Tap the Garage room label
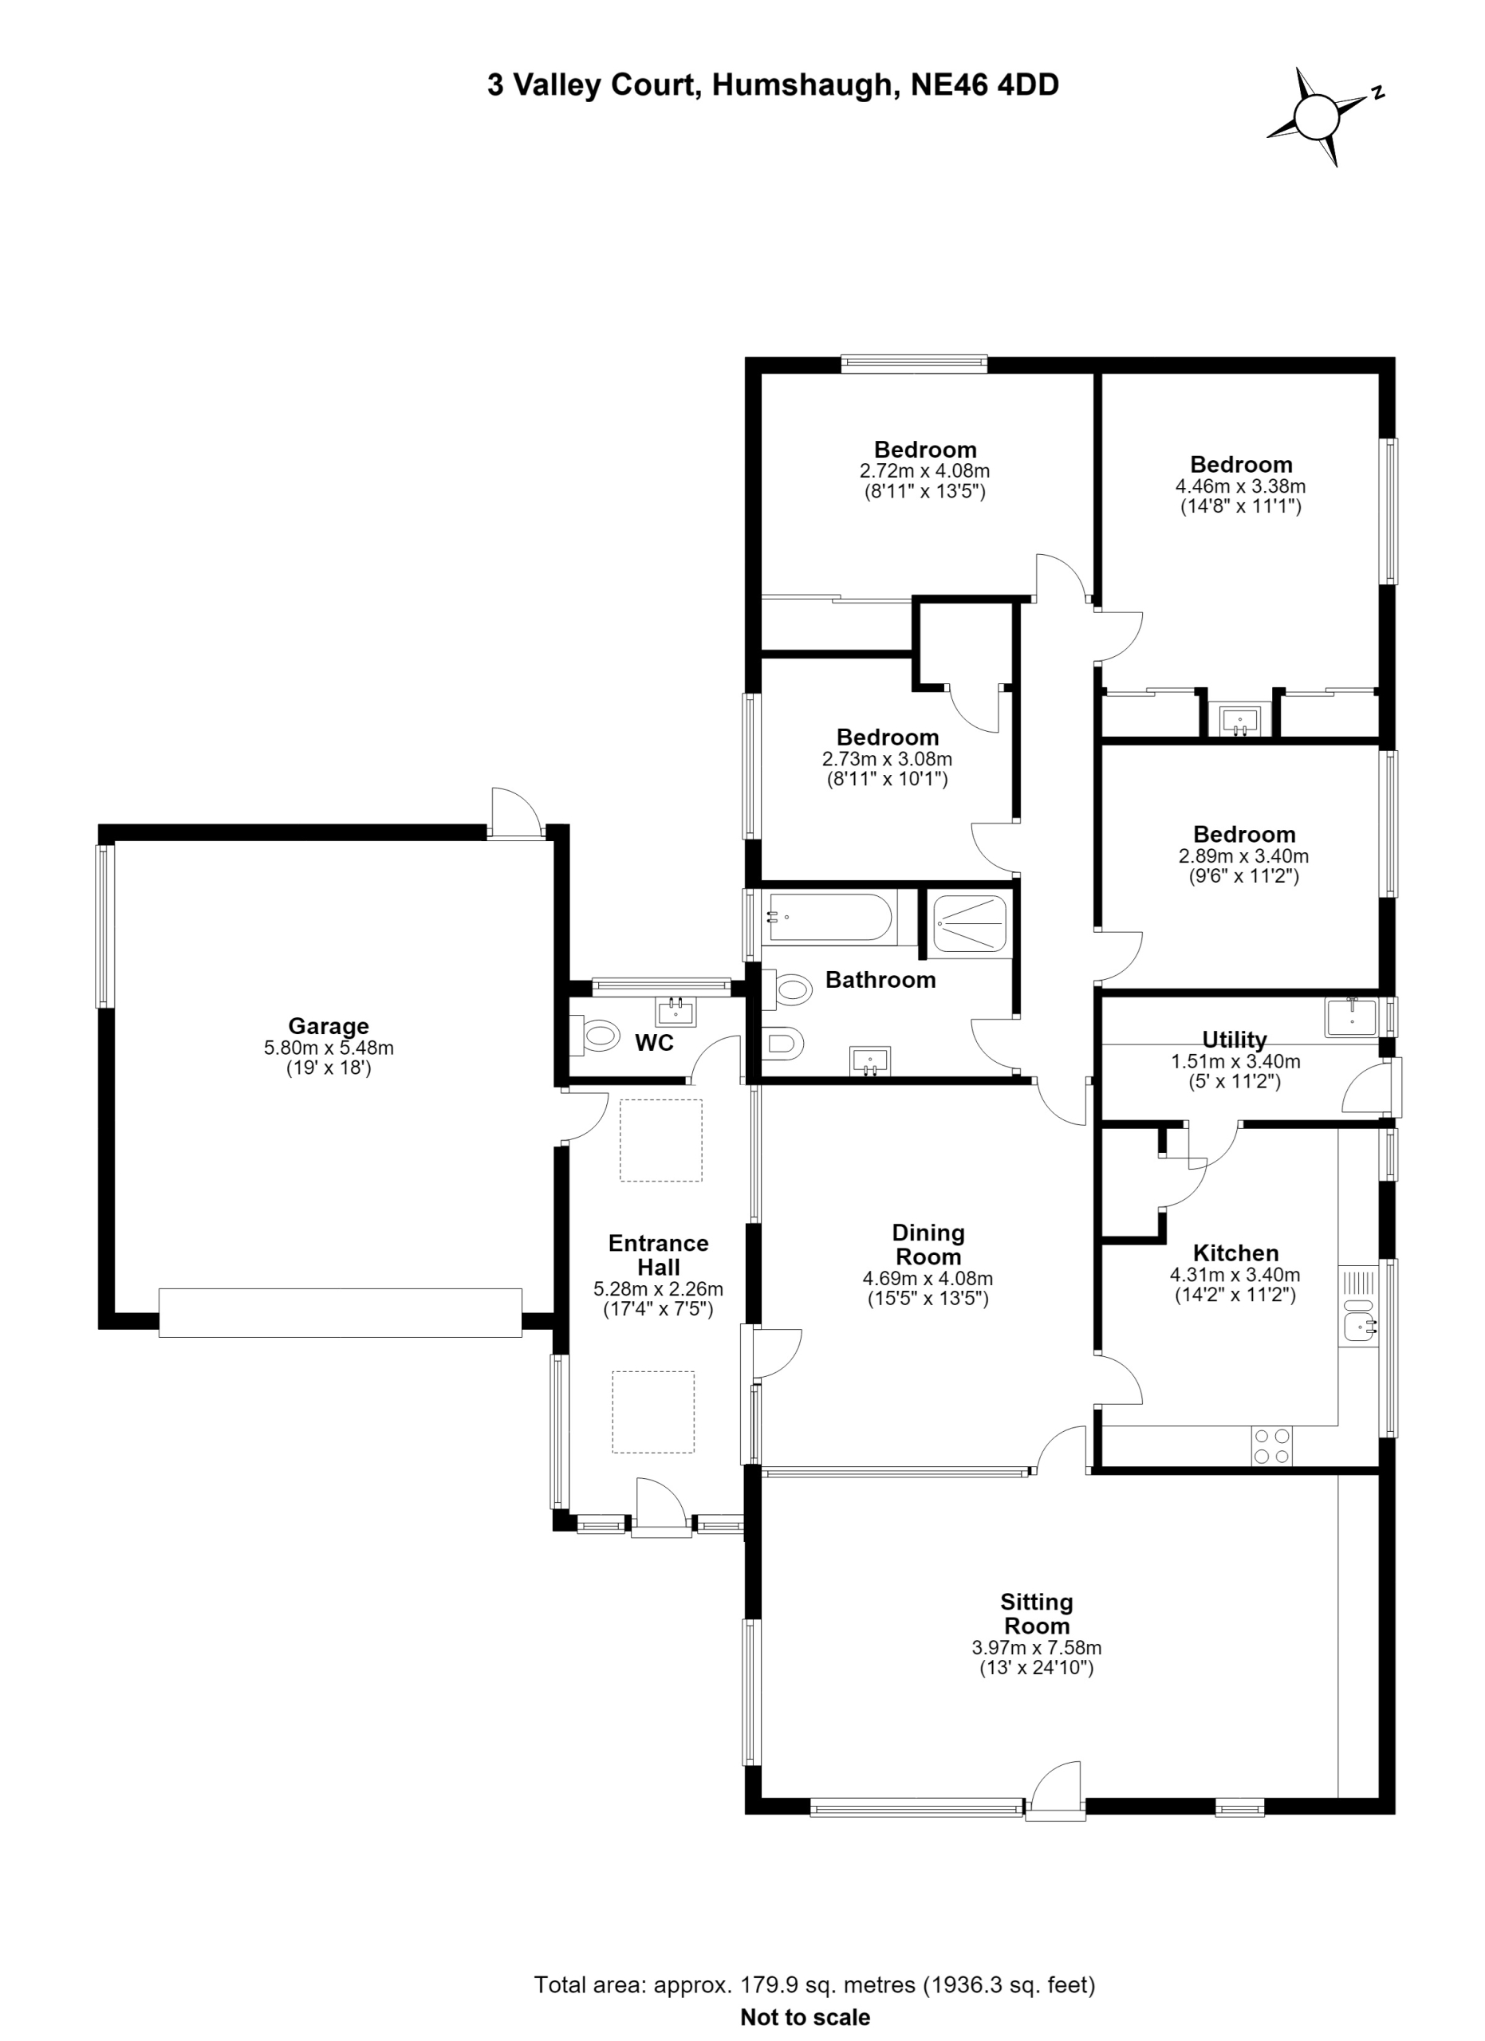(x=329, y=1026)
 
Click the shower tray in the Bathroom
(x=969, y=922)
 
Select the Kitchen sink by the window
(x=1358, y=1323)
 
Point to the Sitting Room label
(x=1037, y=1614)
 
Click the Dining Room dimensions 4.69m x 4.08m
(x=928, y=1279)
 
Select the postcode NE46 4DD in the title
(x=986, y=85)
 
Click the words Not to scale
(x=806, y=2017)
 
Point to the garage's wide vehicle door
(x=341, y=1313)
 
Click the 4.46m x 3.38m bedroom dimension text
(x=1241, y=487)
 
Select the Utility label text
(x=1235, y=1040)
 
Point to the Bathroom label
(x=881, y=980)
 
